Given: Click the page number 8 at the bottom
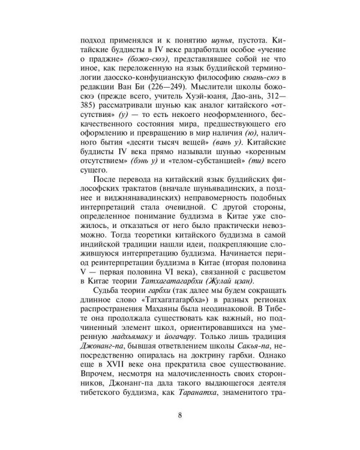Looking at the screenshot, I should point(180,415).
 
